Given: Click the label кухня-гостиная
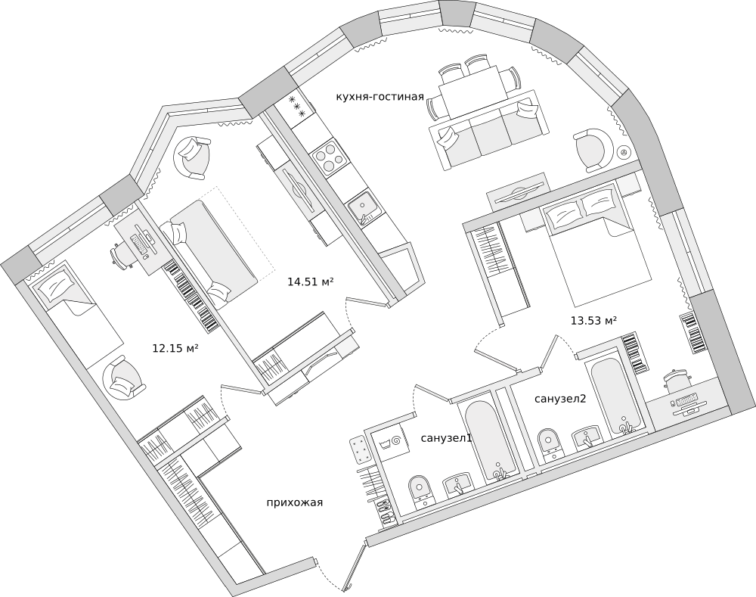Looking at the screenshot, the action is [380, 97].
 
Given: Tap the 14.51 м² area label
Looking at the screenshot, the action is [311, 281].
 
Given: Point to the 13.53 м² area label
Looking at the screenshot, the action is [594, 320].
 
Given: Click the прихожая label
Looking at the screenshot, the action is [295, 503].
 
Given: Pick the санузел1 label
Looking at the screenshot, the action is [446, 438].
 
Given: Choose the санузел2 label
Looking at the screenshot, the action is [559, 399].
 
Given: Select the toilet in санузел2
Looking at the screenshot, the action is [550, 443].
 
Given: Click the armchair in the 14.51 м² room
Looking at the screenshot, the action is [193, 157].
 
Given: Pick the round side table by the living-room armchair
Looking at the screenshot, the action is [624, 153].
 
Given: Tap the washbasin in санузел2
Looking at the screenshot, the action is [587, 437].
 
